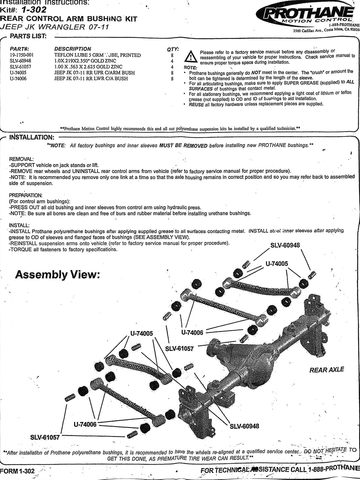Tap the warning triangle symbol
point(191,56)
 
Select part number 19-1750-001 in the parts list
point(21,55)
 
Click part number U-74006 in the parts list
point(18,78)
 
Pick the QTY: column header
point(173,49)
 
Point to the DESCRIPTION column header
point(73,49)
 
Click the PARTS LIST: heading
point(28,36)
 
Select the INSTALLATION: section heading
point(32,138)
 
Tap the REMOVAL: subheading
point(21,159)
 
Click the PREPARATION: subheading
point(26,195)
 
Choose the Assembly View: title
point(58,275)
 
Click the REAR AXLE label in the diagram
point(326,370)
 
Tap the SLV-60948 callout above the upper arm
point(285,245)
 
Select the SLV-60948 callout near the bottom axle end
point(244,426)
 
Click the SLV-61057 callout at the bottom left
point(45,437)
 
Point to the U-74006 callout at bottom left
point(85,424)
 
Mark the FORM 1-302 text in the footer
point(17,471)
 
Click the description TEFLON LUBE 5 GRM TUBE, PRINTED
point(97,55)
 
